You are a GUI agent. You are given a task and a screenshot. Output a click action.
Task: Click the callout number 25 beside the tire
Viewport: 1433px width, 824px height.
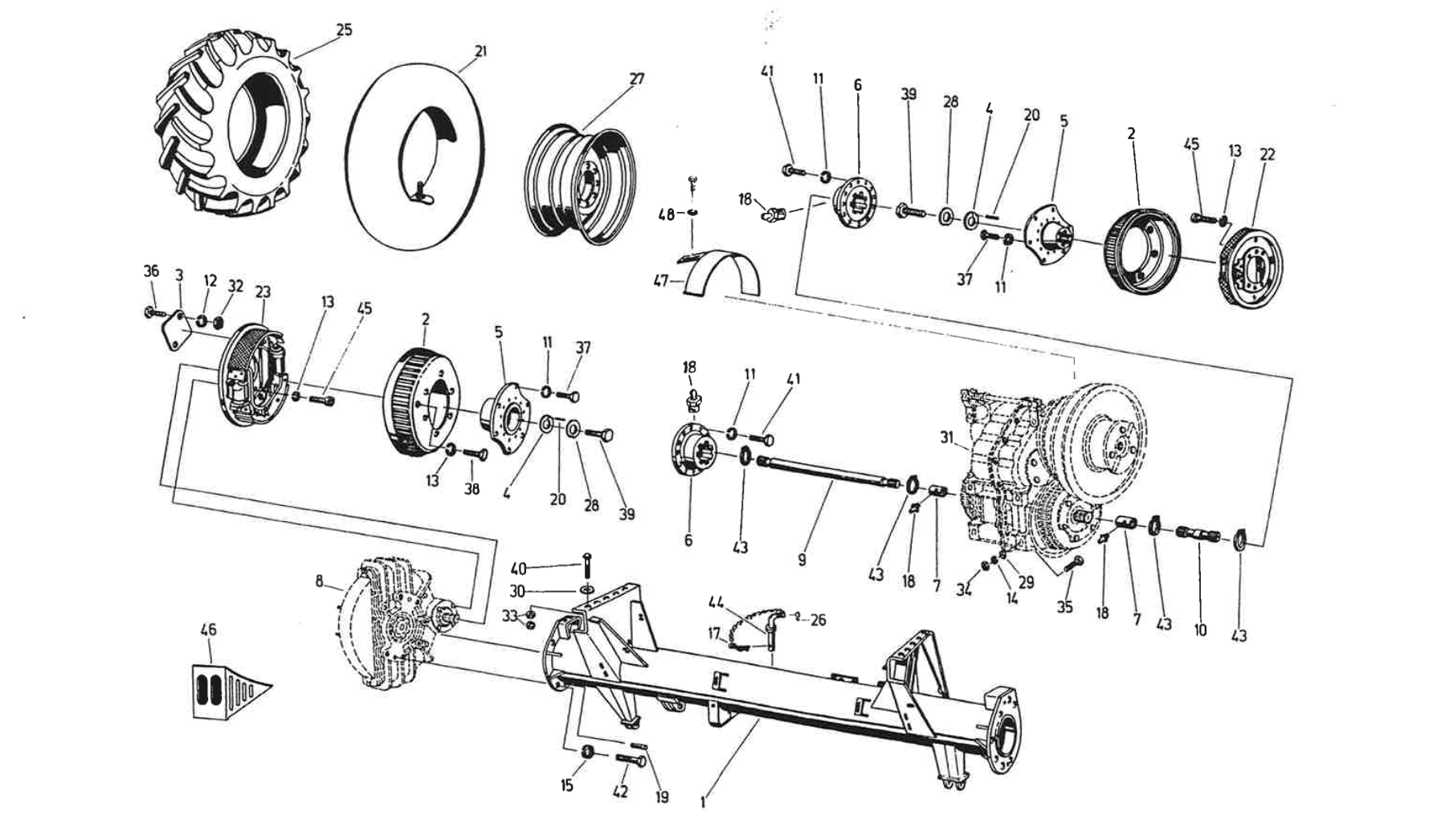(344, 30)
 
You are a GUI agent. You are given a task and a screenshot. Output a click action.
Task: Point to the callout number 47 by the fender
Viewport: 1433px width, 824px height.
(660, 282)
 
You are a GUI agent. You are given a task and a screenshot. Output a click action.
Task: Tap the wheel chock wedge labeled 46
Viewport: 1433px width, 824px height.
(225, 689)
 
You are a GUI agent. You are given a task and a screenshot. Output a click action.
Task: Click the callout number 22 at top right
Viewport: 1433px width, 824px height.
(1267, 154)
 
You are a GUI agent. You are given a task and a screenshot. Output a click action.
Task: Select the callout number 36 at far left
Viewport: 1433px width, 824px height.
(151, 271)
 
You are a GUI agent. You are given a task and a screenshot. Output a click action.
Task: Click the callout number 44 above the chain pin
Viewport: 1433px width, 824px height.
(716, 602)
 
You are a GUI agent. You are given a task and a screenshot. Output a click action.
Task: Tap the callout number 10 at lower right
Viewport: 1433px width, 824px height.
(1200, 630)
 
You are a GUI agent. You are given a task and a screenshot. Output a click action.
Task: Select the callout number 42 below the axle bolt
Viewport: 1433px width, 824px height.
(620, 791)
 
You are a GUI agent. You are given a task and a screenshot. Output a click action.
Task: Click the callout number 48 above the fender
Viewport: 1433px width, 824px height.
(666, 215)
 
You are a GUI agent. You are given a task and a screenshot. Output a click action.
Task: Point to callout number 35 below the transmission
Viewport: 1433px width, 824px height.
(1064, 607)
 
